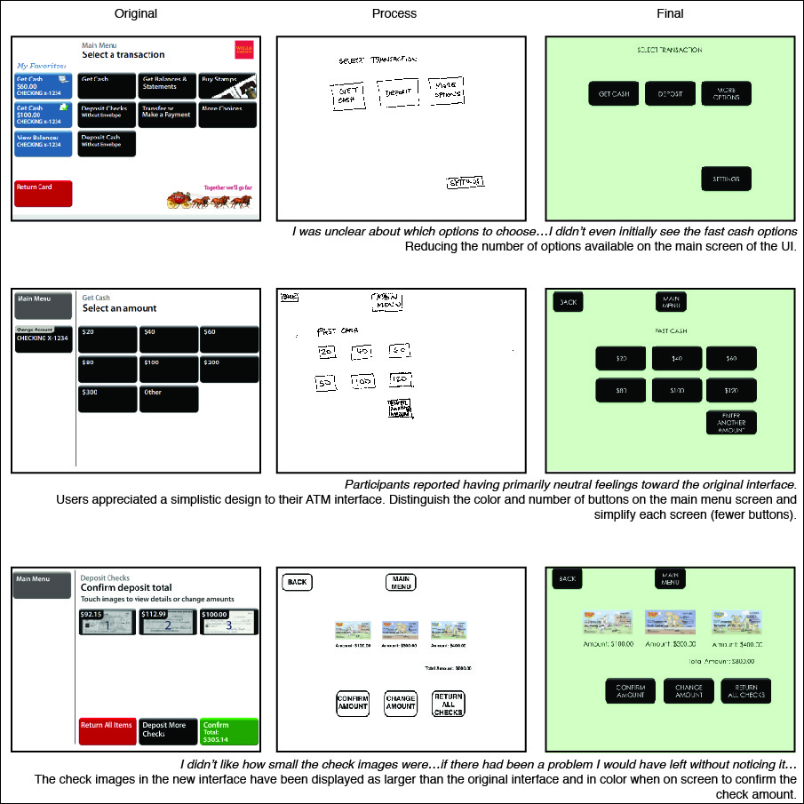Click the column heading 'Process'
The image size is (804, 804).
[x=394, y=13]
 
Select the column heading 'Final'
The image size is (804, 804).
[x=670, y=13]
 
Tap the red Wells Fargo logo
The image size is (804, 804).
[x=244, y=51]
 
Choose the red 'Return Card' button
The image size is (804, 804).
[x=44, y=193]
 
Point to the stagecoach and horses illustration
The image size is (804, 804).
[x=209, y=200]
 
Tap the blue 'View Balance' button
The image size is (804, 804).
[x=44, y=143]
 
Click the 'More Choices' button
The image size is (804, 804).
[x=227, y=114]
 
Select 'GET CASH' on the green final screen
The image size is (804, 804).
[x=614, y=93]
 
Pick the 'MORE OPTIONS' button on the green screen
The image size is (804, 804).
[x=726, y=93]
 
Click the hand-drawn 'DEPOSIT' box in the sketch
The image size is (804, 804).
[x=397, y=92]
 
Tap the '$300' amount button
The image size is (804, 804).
[x=107, y=398]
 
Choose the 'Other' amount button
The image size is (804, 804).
[x=168, y=398]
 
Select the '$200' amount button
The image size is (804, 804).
[x=228, y=369]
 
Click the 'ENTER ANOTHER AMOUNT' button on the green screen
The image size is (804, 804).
[x=731, y=422]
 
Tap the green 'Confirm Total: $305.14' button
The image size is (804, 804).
[x=228, y=731]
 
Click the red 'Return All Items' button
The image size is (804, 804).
[x=107, y=731]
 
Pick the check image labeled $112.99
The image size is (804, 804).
[x=168, y=622]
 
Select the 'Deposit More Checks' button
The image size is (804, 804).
[x=168, y=731]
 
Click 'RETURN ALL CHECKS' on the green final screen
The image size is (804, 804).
[x=745, y=691]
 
